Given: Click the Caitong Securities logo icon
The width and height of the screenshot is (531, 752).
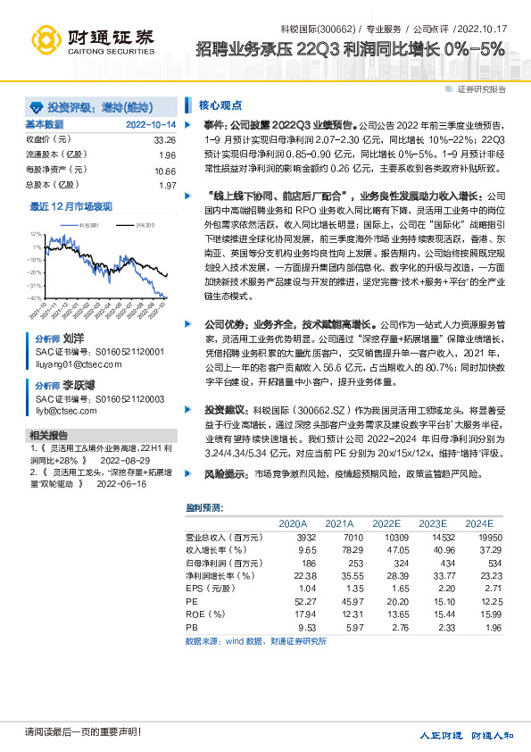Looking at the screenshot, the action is point(46,39).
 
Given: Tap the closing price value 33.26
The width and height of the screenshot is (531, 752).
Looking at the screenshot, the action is point(165,140).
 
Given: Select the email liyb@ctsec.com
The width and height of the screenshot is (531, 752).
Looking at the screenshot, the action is point(66,411).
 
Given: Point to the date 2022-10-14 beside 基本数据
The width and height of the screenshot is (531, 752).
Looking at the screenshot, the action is point(151,125).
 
